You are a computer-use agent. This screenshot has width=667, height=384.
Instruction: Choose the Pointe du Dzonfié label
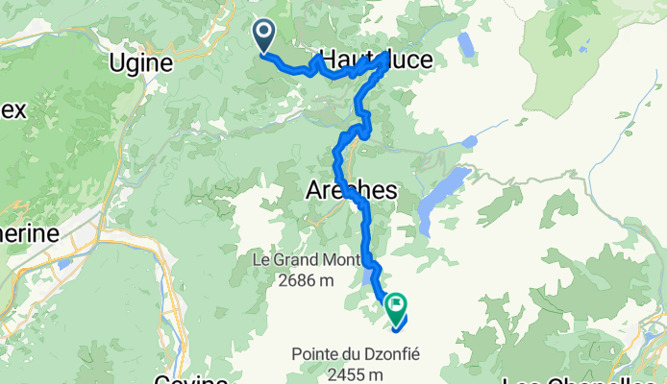point(356,354)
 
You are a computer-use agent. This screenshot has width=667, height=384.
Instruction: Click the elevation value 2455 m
point(356,374)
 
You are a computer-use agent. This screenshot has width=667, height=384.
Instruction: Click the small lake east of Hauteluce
point(466,45)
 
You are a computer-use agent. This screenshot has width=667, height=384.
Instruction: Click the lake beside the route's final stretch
point(371,278)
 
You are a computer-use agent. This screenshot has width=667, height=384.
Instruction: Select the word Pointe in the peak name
point(314,354)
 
